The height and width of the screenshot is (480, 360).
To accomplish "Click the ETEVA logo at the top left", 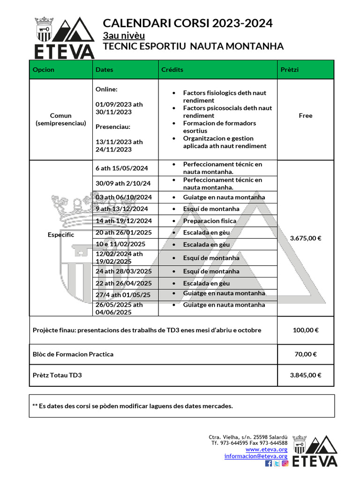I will tap(64, 37).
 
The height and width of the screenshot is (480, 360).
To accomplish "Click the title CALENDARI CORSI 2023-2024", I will tap(187, 23).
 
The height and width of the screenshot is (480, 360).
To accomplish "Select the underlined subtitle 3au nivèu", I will tap(124, 36).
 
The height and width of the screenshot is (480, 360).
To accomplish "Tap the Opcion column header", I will tap(44, 70).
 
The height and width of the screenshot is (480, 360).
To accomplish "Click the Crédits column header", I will tap(172, 70).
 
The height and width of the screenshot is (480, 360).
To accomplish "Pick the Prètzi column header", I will tap(289, 70).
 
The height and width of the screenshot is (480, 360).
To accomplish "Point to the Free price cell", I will tap(305, 116).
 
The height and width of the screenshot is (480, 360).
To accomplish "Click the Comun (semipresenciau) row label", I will tap(61, 119).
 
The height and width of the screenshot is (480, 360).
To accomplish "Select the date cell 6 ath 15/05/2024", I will tap(121, 168).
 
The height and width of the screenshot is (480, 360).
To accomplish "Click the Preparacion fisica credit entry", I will tap(210, 221).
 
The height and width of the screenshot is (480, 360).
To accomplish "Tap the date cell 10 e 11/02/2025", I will tap(120, 244).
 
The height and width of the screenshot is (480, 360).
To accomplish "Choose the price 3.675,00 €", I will tap(305, 238).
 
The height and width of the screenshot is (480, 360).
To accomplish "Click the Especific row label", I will tap(61, 235).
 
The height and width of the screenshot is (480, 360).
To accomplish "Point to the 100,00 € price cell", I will tap(305, 330).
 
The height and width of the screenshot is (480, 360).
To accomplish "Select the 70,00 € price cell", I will tap(305, 354).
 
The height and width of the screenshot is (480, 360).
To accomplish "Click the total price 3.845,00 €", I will tap(305, 375).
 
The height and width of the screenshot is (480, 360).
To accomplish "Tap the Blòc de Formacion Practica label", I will tap(73, 354).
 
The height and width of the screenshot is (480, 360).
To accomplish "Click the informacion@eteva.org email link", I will tap(255, 456).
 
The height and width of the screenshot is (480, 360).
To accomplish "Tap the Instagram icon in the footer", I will tap(285, 463).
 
